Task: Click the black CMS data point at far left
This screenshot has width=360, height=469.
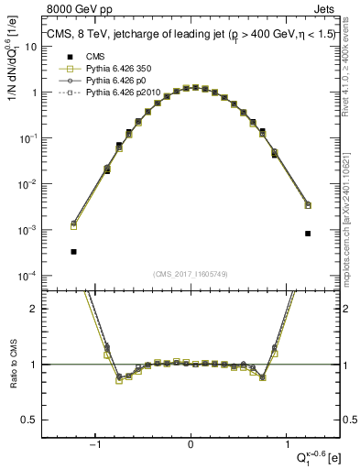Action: point(73,251)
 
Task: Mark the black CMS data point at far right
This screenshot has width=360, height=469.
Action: point(308,234)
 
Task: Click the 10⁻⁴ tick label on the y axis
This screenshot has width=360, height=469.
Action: point(27,276)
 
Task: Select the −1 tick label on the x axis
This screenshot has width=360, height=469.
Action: point(96,443)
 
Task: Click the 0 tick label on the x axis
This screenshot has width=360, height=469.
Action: point(191,443)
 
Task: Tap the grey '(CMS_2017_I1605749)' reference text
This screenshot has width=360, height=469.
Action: point(191,274)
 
